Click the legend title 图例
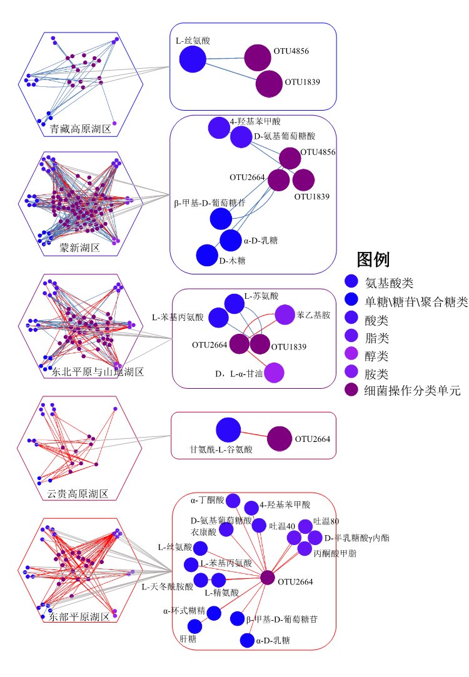373,260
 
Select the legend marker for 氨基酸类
351,281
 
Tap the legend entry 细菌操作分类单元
413,391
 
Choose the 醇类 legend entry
376,356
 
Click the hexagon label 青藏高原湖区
80,129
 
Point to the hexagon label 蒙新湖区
80,248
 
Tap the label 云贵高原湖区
78,493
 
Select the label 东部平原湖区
79,617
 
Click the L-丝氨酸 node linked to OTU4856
193,59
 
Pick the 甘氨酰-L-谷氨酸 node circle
228,430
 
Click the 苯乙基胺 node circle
285,315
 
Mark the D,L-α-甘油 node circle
275,373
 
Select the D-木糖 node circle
207,255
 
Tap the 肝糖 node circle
194,626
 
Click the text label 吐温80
326,521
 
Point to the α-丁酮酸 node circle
233,501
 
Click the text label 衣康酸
203,532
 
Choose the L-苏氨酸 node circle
234,304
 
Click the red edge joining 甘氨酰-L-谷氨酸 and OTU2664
254,434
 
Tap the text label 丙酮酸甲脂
335,553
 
